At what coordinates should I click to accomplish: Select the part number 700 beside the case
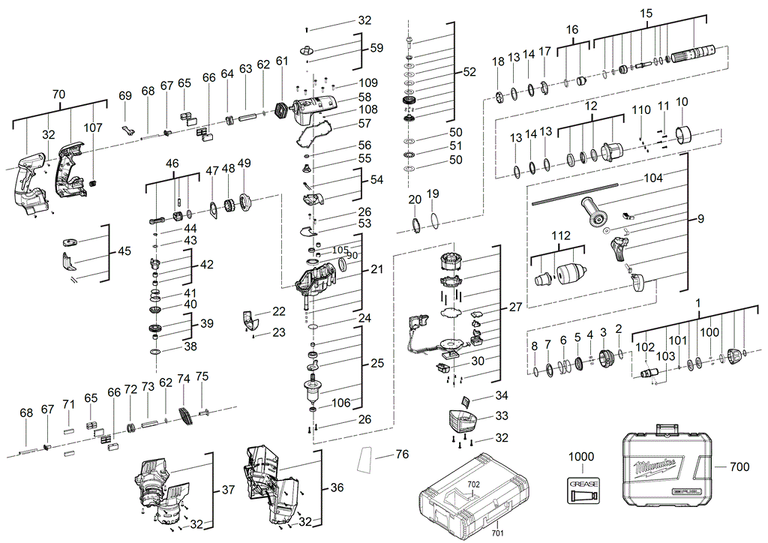739,467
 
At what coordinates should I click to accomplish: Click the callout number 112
561,237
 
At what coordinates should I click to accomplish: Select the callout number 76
402,454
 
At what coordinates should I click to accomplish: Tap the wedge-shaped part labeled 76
366,460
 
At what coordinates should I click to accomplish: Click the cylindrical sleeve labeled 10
682,136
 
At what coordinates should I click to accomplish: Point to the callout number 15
646,13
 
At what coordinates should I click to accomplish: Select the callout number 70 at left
58,95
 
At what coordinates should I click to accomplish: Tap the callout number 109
368,83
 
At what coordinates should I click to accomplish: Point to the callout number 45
124,251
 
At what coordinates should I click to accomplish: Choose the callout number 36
337,487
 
